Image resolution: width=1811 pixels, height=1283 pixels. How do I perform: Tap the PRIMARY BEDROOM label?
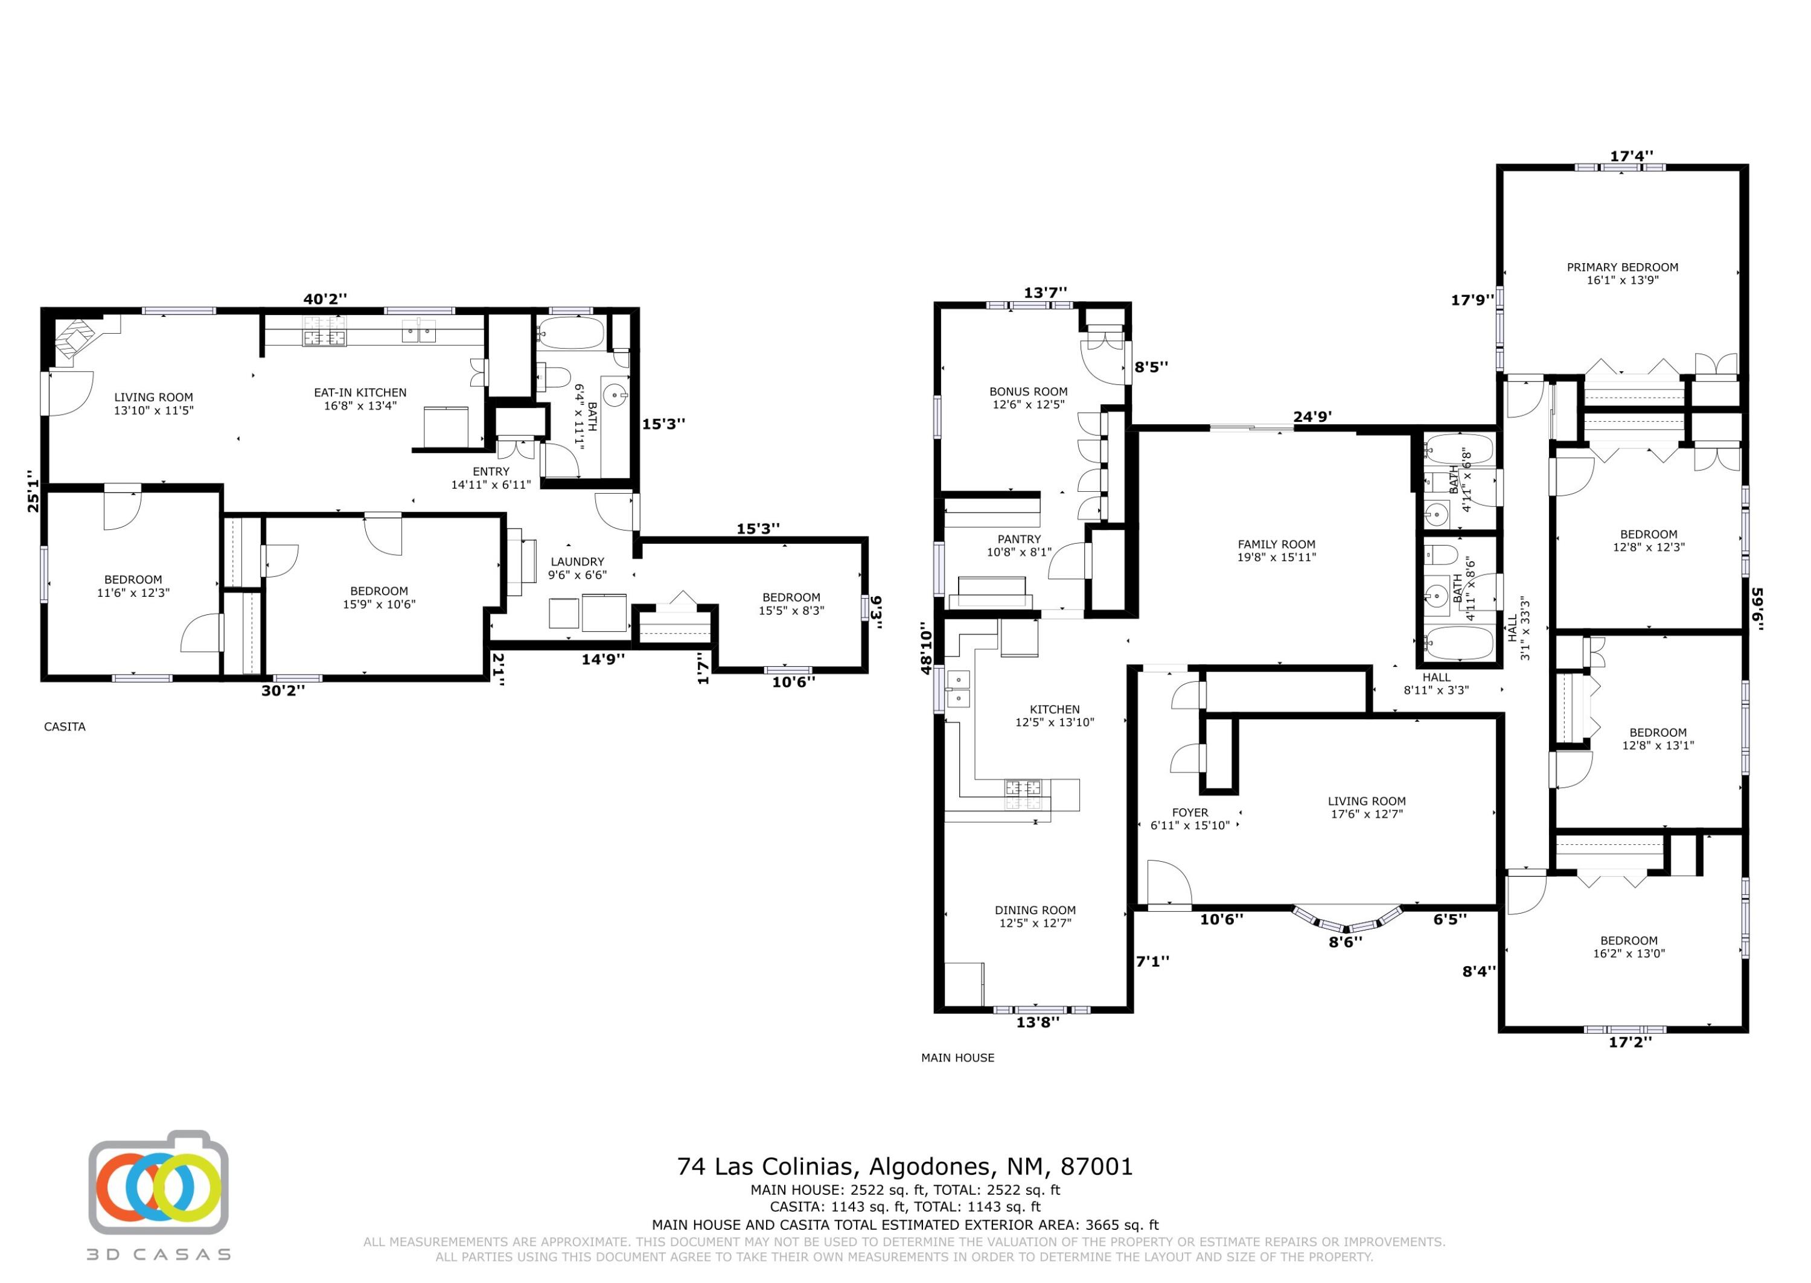pos(1622,267)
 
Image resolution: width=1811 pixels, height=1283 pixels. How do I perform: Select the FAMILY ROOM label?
pos(1276,544)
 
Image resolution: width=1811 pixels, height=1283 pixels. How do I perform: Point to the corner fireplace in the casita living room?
pos(77,340)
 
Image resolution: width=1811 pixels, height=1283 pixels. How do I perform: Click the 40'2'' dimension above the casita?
pos(325,299)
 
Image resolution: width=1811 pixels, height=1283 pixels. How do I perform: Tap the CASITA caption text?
pos(65,726)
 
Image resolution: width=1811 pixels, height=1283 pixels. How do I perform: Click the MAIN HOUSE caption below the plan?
pos(957,1057)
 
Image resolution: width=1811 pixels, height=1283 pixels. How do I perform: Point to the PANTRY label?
pos(1019,539)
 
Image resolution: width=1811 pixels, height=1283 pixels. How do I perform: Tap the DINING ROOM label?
pos(1035,909)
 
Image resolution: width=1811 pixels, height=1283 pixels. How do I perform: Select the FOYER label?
pos(1190,812)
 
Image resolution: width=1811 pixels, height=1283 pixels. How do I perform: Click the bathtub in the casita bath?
pos(570,333)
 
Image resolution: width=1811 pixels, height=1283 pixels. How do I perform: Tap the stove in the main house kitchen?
pos(1023,795)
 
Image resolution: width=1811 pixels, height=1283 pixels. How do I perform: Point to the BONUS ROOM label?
pos(1028,391)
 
